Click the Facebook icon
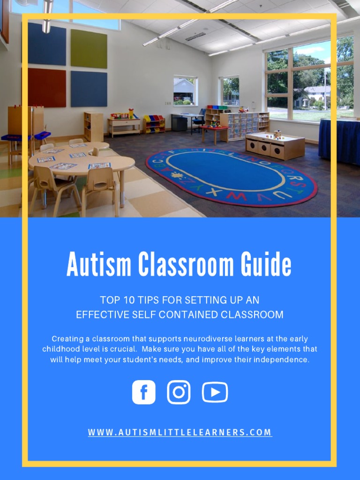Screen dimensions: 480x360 pyautogui.click(x=143, y=392)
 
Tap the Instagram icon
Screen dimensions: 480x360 pyautogui.click(x=179, y=392)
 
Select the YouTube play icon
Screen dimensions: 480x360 pyautogui.click(x=215, y=392)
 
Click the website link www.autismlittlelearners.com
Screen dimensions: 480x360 pyautogui.click(x=180, y=432)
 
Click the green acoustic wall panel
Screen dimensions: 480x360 pyautogui.click(x=89, y=49)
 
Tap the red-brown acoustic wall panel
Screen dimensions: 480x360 pyautogui.click(x=46, y=88)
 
